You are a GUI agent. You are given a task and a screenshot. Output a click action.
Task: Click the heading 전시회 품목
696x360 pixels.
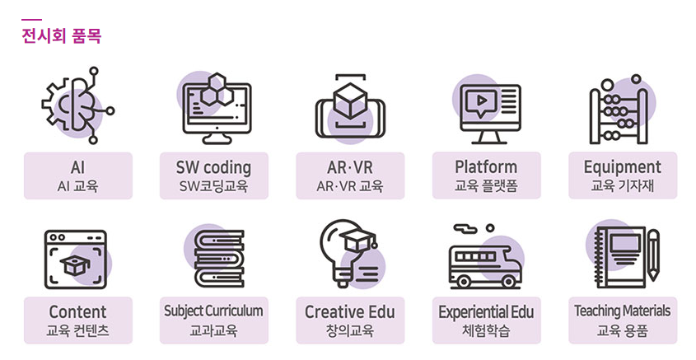coord(62,36)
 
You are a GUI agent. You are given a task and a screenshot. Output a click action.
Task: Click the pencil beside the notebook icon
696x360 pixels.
coord(653,255)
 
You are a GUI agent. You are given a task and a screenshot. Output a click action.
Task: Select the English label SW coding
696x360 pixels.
coord(213,167)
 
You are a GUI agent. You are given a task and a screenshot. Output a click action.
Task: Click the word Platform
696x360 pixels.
coord(486,167)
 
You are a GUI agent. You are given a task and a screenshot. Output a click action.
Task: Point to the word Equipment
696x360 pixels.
coord(623,167)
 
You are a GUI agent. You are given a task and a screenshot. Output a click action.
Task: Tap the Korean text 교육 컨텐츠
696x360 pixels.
coord(77,331)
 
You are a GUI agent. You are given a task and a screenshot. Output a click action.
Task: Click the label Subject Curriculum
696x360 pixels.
coord(213,311)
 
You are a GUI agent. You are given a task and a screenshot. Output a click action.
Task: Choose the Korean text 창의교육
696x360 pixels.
coord(350,331)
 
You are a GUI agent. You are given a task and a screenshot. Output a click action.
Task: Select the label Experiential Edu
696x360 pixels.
coord(486,312)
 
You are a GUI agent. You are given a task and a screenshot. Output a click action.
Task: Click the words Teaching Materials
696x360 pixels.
coord(623,311)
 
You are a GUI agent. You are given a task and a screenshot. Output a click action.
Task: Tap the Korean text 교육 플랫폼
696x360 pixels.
coord(486,186)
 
